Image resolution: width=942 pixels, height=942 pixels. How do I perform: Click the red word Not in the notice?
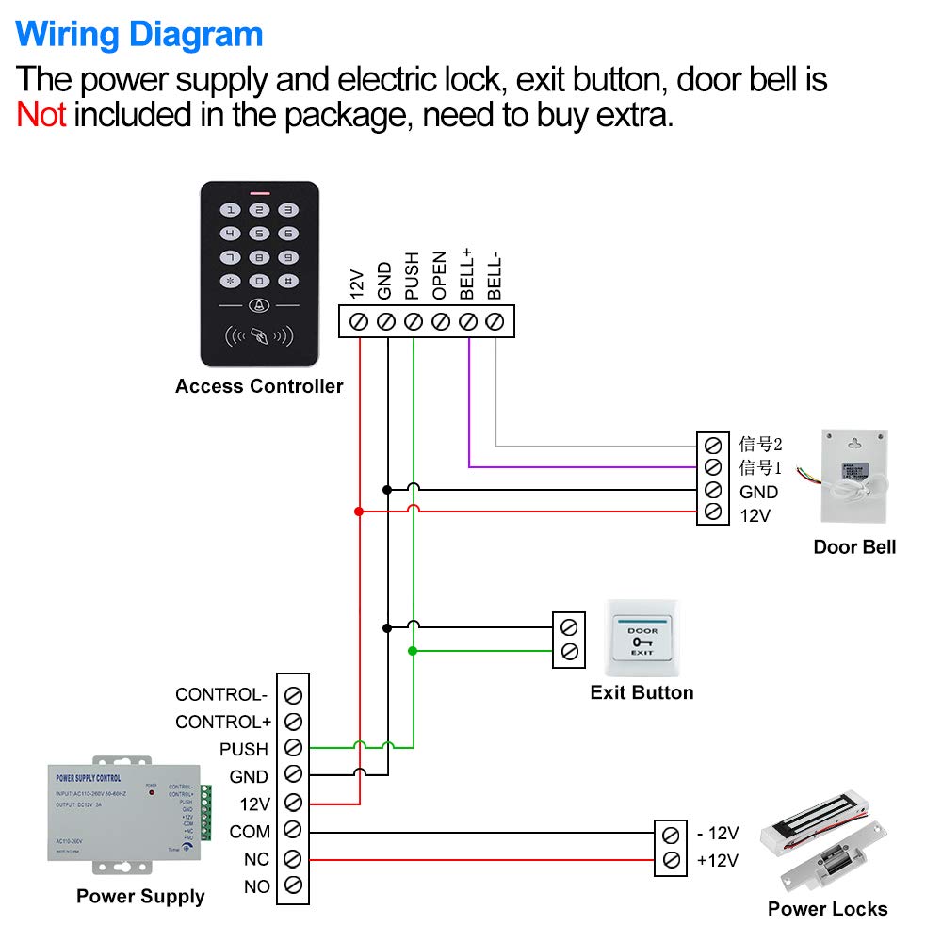coord(41,115)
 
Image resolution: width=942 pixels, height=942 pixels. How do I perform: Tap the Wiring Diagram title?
coord(139,35)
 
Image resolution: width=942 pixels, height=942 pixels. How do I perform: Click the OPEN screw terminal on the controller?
coord(440,322)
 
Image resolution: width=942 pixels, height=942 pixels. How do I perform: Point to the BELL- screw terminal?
coord(495,322)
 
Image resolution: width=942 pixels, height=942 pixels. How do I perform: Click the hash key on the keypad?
coord(288,281)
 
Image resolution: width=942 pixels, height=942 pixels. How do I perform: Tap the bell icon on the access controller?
coord(259,306)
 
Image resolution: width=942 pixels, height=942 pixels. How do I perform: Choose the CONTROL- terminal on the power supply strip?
coord(293,695)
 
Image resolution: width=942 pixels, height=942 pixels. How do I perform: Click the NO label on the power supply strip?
coord(257,886)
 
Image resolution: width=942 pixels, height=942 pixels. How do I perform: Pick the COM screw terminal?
coord(293,831)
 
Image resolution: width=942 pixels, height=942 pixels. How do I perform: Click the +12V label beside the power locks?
coord(718,859)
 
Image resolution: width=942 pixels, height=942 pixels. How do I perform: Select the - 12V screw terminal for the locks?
coord(671,834)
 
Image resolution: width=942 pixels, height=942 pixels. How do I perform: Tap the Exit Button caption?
coord(642,692)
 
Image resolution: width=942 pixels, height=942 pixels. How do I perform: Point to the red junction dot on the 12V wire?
coord(358,512)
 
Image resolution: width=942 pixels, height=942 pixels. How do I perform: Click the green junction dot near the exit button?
coord(413,651)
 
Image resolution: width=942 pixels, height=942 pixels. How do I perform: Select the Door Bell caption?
coord(854,546)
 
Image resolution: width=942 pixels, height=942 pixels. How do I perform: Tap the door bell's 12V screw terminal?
coord(713,512)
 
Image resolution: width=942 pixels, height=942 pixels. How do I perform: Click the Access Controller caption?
coord(259,386)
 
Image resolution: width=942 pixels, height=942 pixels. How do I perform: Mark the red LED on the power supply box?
coord(152,792)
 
